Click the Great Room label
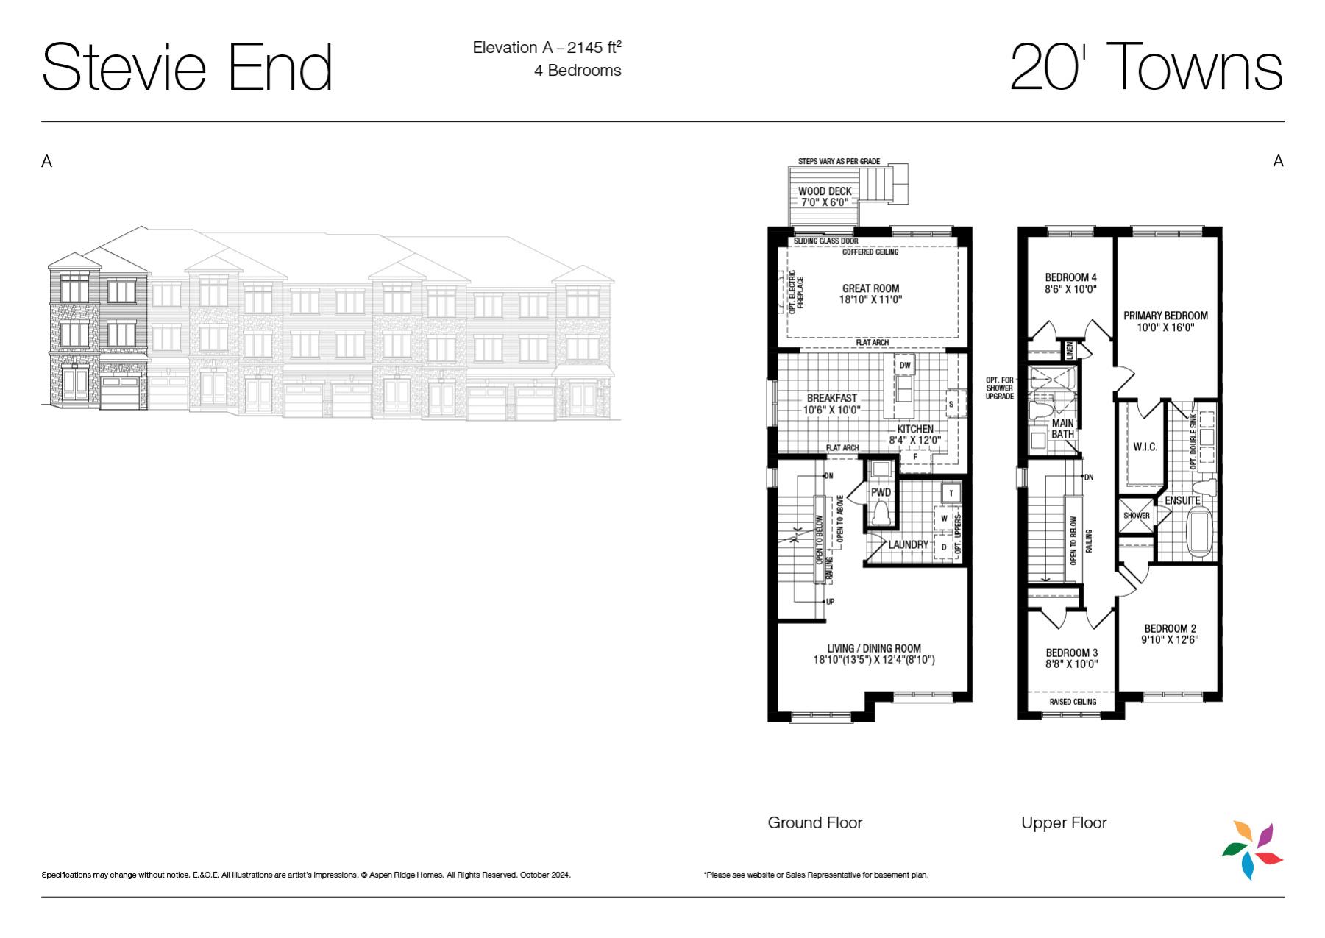[x=870, y=288]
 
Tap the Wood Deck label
[x=825, y=191]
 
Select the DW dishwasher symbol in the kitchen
[x=905, y=366]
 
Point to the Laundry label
[x=908, y=544]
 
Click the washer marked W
[x=944, y=519]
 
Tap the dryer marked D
[x=944, y=547]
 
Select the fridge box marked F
[x=916, y=457]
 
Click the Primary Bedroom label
[x=1165, y=316]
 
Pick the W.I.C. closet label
[x=1145, y=447]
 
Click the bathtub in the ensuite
[x=1201, y=533]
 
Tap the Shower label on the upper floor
[x=1136, y=515]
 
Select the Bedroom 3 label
[x=1072, y=653]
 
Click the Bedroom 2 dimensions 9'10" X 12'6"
[x=1170, y=639]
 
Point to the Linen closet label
[x=1069, y=350]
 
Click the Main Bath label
[x=1062, y=428]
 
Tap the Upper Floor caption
[x=1064, y=822]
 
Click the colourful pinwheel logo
[x=1252, y=850]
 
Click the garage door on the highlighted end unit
[x=120, y=391]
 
